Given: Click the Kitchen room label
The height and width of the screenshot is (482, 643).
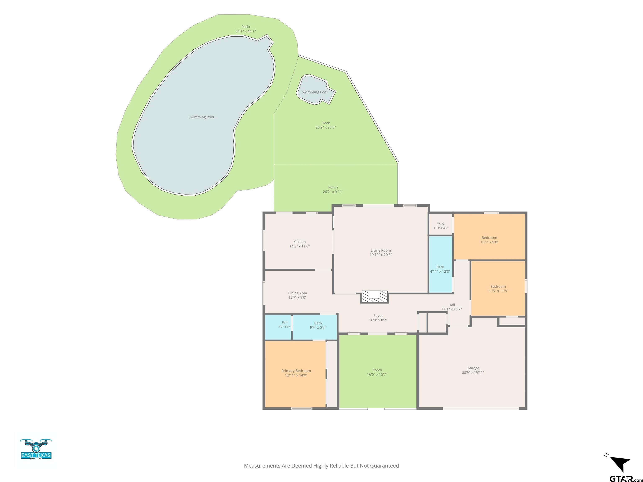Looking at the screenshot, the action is pyautogui.click(x=299, y=242).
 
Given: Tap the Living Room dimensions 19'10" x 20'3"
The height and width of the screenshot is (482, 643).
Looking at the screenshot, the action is pyautogui.click(x=381, y=255).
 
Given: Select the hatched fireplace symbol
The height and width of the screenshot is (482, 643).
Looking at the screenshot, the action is pyautogui.click(x=374, y=297).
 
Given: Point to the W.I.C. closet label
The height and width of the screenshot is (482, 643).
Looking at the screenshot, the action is pyautogui.click(x=441, y=224).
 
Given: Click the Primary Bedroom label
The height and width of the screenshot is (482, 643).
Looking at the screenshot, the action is pyautogui.click(x=296, y=371).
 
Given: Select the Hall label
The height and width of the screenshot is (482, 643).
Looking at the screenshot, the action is pyautogui.click(x=452, y=305).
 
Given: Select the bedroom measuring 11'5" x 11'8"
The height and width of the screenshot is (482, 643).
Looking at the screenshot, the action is pyautogui.click(x=498, y=288).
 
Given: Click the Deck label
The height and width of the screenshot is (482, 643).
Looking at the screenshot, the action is pyautogui.click(x=325, y=123).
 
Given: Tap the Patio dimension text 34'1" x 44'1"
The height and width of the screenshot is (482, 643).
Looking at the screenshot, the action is pyautogui.click(x=246, y=31).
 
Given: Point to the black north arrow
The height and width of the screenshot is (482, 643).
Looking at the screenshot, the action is pyautogui.click(x=621, y=464).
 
